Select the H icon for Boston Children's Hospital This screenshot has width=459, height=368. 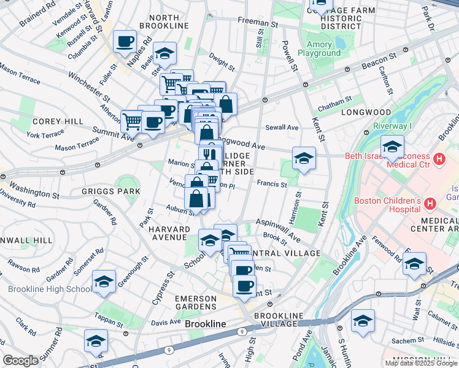click(x=430, y=202)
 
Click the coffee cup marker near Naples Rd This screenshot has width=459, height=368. click(x=125, y=42)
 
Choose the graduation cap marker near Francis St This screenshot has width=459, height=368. click(x=304, y=159)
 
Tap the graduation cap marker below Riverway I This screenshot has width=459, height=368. click(x=392, y=147)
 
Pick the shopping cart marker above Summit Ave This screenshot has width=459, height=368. click(x=132, y=121)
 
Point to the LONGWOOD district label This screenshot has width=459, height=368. click(x=366, y=112)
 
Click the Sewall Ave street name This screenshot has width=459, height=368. click(x=282, y=128)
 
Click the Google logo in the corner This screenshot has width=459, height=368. click(x=20, y=361)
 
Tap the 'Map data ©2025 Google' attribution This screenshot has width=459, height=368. click(x=421, y=363)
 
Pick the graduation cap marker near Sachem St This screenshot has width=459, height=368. click(x=363, y=321)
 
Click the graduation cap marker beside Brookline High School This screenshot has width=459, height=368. click(x=104, y=282)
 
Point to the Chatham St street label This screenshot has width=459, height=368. click(x=335, y=101)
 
